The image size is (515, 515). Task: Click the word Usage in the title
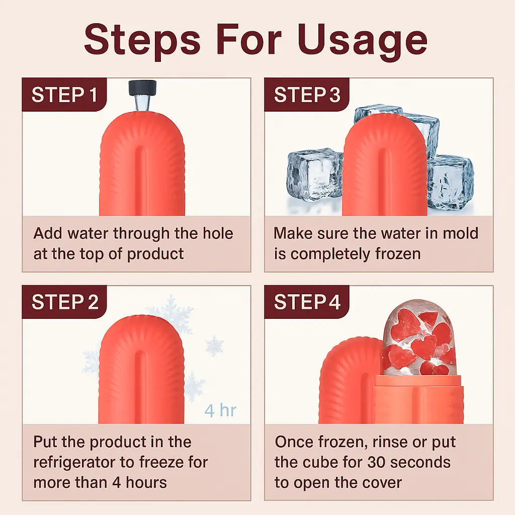click(363, 41)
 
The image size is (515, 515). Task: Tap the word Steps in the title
click(142, 41)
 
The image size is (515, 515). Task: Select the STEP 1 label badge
click(64, 95)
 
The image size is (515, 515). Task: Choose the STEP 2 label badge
click(64, 302)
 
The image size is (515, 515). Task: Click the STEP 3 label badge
click(307, 95)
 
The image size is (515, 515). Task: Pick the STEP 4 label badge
click(307, 302)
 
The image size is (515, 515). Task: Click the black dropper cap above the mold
click(142, 88)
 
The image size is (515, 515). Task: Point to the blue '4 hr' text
click(220, 410)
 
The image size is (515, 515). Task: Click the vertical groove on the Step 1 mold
click(141, 179)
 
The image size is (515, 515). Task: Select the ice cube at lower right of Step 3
click(451, 183)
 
